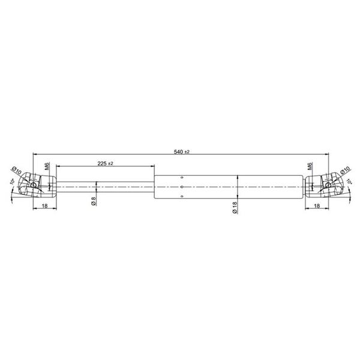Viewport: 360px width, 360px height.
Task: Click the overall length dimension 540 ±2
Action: click(182, 152)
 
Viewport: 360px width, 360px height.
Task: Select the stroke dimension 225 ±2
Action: click(106, 163)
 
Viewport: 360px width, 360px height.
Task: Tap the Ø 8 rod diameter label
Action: click(94, 201)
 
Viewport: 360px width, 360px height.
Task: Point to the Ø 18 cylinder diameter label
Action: click(235, 208)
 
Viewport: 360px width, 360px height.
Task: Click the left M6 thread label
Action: click(47, 166)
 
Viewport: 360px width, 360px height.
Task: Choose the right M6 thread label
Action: click(310, 166)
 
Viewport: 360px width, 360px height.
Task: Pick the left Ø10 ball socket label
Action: click(17, 170)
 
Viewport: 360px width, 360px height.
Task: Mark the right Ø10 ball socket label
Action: click(345, 170)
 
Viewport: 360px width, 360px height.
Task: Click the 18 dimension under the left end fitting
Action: click(45, 206)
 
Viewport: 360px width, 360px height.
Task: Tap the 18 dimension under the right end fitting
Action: click(317, 206)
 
